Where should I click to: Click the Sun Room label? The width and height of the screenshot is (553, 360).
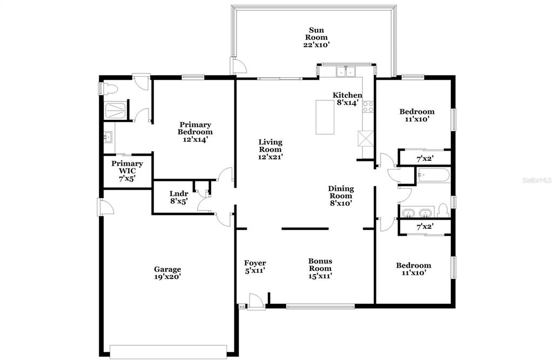pos(316,33)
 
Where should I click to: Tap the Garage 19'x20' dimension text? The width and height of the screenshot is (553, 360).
pos(167,277)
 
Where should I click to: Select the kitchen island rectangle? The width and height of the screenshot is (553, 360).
pos(325,117)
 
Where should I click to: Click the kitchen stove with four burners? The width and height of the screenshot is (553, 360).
pos(368,106)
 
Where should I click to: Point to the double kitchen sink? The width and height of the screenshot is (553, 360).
pos(346,72)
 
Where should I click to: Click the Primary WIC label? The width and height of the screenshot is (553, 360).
pos(127,167)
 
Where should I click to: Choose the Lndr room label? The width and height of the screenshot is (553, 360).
pos(178,194)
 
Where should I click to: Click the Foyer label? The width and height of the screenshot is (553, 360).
pos(255,263)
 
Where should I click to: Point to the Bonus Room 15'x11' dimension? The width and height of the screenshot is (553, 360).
pos(320,276)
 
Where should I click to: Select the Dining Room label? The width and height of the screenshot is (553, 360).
pos(341,192)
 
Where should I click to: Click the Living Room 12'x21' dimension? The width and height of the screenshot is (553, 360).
pos(271,157)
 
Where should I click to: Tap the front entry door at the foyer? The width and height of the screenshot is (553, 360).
pos(256,303)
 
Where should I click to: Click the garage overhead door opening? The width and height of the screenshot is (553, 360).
pos(168,352)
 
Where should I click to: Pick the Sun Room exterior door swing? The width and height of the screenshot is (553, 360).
pos(238,66)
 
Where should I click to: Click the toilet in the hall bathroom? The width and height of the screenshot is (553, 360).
pos(442,210)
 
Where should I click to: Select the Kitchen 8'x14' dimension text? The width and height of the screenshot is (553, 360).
pos(347,103)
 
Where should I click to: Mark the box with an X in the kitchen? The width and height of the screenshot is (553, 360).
pos(366,138)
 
